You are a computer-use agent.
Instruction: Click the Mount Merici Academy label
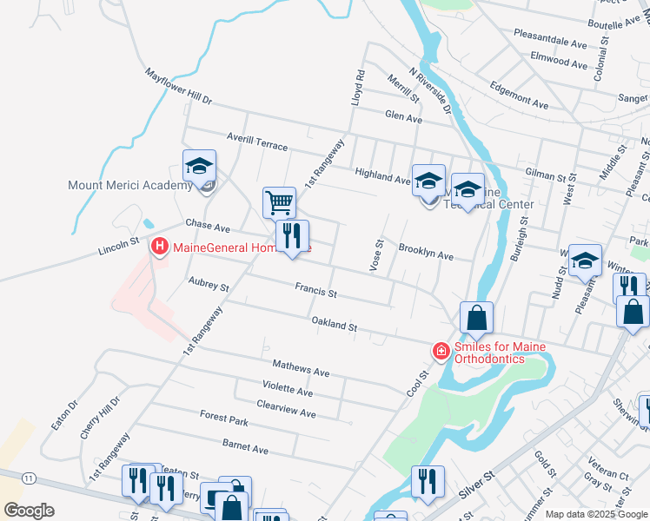coord(130,185)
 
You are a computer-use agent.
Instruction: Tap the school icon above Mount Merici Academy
coord(199,165)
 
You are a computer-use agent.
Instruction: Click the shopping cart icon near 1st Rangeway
coord(279,203)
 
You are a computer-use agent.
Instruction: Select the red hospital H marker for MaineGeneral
coord(160,247)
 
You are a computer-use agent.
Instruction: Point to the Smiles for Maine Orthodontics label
coord(492,353)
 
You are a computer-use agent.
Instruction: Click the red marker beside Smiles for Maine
coord(441,351)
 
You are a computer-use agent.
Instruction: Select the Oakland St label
coord(335,325)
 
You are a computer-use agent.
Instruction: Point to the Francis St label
coord(315,290)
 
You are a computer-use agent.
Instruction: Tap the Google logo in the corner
coord(30,511)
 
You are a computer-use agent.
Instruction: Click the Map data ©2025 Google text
coord(597,514)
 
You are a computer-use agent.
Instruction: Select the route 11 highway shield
coord(30,478)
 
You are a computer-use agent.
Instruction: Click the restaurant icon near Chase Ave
coord(292,235)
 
